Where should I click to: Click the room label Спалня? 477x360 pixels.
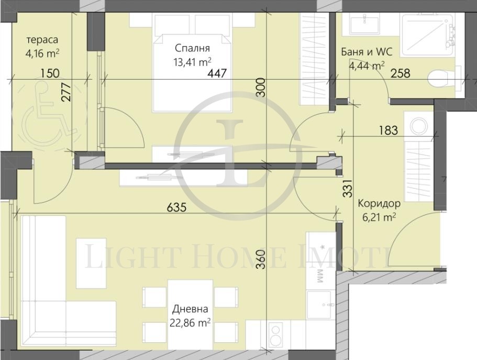192,48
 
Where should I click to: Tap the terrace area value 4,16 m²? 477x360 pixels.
42,53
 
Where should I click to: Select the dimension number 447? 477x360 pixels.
217,73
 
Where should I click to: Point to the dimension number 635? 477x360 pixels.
176,208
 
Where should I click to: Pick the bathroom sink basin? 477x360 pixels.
364,24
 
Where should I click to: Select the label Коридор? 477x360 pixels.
379,203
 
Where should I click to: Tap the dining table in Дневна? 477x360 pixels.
191,314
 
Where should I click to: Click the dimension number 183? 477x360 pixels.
388,130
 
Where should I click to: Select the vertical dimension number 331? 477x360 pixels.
348,188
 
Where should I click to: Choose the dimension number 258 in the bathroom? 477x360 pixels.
401,73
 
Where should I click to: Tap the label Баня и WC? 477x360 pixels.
367,52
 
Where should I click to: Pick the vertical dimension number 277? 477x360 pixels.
66,92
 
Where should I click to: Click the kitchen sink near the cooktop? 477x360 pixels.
318,304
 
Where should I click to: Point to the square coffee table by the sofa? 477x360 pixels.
91,263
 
